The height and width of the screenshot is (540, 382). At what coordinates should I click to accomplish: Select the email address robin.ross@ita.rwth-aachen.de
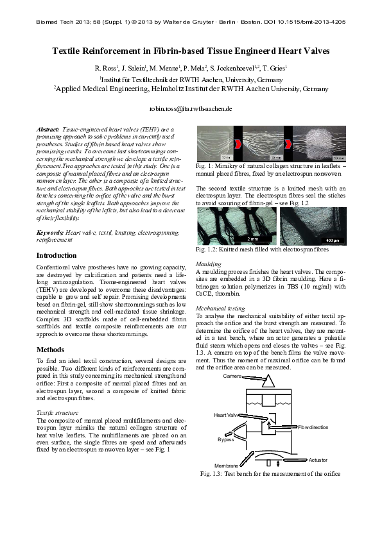click(x=191, y=109)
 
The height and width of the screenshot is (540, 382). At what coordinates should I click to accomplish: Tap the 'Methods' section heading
click(x=51, y=350)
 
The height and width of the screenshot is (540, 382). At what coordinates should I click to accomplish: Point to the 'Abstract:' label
click(x=48, y=130)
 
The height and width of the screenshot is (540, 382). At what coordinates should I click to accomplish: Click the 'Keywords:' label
click(x=50, y=232)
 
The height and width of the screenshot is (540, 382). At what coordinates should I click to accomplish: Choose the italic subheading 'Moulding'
click(x=209, y=264)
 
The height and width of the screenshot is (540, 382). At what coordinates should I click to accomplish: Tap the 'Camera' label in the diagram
click(x=232, y=376)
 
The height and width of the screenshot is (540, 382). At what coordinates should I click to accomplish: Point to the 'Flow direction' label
click(x=313, y=427)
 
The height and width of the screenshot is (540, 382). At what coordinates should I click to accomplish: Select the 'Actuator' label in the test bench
click(x=318, y=460)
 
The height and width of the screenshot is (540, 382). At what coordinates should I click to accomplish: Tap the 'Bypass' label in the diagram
click(x=225, y=440)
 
